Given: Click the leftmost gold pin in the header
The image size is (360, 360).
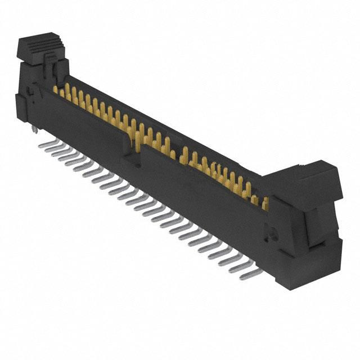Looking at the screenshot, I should coord(56,89).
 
